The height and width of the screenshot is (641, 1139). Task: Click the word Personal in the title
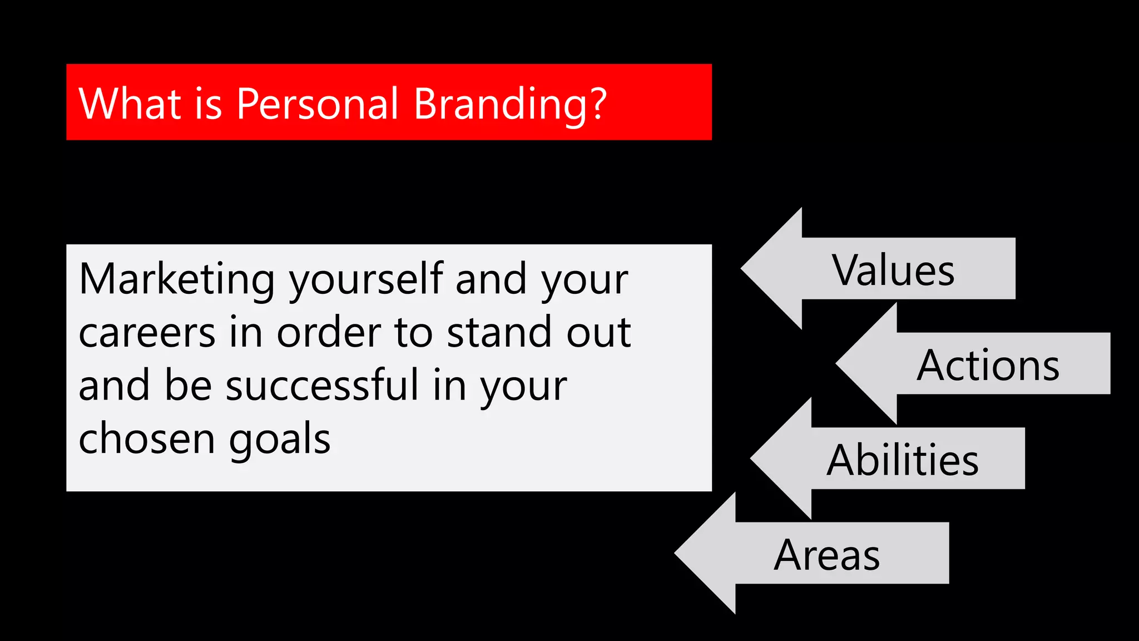(x=317, y=104)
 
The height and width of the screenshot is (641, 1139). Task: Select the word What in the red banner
(x=130, y=104)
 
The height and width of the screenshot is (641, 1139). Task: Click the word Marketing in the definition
(x=177, y=279)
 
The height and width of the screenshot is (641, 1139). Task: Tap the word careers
(x=147, y=333)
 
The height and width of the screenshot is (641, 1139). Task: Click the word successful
(x=322, y=386)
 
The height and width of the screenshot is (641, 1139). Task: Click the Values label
(x=893, y=270)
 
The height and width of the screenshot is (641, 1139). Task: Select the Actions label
(x=988, y=366)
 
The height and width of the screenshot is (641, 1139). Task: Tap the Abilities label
(x=902, y=460)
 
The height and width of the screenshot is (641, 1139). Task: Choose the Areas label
(x=826, y=555)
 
